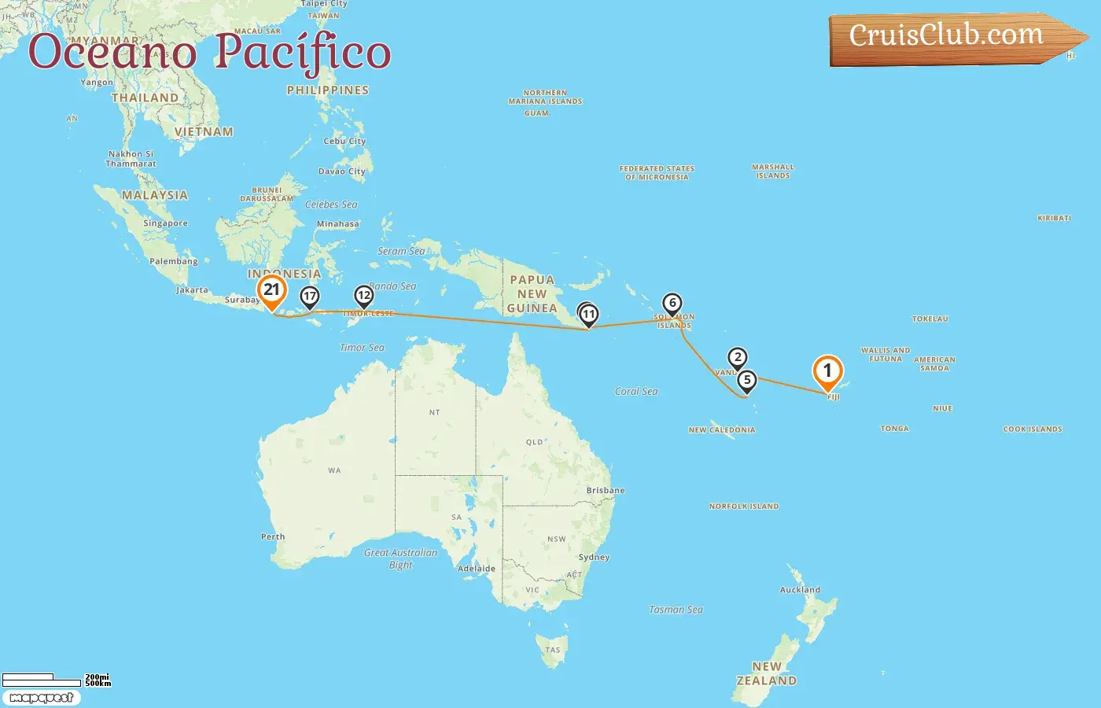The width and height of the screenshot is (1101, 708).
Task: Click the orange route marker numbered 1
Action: [x=827, y=371]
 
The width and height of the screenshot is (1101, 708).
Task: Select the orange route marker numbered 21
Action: [x=271, y=289]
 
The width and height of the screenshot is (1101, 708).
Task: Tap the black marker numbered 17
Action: [x=310, y=297]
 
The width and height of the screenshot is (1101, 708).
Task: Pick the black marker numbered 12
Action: [x=363, y=296]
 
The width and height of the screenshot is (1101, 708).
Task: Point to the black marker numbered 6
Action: [x=672, y=303]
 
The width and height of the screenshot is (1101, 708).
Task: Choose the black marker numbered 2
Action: [x=737, y=357]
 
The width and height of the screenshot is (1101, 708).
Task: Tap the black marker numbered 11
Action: [x=588, y=315]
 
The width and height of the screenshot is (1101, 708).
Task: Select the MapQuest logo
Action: [x=41, y=698]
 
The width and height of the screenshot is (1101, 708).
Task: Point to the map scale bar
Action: [x=55, y=679]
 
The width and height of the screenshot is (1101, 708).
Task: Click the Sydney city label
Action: [x=594, y=557]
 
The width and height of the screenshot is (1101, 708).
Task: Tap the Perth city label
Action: [x=273, y=537]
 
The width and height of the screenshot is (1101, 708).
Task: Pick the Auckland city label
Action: [x=800, y=589]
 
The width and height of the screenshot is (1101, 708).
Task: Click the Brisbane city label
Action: [x=606, y=490]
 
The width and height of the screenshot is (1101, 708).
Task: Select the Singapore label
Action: [x=165, y=223]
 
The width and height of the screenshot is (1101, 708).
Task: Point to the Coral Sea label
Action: [x=636, y=391]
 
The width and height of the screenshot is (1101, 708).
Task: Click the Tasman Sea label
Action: [x=676, y=610]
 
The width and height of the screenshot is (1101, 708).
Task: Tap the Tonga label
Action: [x=894, y=429]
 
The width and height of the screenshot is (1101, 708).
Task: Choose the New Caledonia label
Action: [x=721, y=430]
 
